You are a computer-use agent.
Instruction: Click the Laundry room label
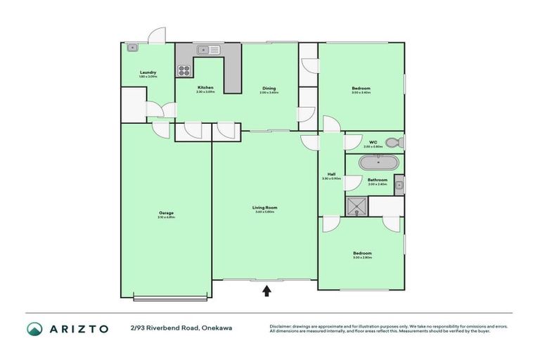(148, 72)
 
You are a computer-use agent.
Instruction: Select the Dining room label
(269, 89)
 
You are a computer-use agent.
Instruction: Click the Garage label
(166, 213)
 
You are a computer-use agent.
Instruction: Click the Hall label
(330, 175)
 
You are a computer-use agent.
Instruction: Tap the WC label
(373, 143)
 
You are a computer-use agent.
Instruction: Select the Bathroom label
(378, 180)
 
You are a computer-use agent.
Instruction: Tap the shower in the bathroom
(355, 205)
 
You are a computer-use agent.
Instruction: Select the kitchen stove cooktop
(184, 70)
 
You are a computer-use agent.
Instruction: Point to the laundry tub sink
(132, 48)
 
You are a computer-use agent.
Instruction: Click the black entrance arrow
(266, 290)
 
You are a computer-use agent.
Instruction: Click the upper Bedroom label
(361, 88)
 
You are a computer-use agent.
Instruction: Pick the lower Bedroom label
(362, 253)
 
